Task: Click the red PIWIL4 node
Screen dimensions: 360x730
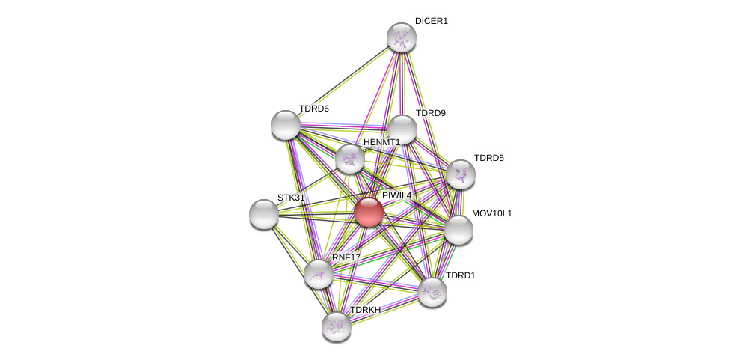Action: click(369, 212)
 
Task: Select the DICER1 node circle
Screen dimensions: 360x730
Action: click(402, 37)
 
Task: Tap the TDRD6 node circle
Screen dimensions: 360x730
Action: click(286, 125)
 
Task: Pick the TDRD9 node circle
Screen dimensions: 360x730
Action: click(402, 129)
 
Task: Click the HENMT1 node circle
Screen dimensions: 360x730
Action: click(350, 159)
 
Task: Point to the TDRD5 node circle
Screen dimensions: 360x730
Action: click(461, 174)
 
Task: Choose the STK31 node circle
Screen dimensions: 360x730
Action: click(264, 214)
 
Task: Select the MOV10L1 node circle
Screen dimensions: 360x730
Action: click(458, 230)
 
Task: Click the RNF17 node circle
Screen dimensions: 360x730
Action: click(319, 274)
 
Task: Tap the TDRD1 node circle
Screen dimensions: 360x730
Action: click(432, 292)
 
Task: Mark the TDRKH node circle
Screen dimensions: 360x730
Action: click(337, 326)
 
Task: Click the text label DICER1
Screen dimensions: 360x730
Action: click(431, 21)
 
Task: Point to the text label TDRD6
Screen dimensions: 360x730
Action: click(313, 109)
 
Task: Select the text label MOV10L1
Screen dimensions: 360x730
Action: click(491, 213)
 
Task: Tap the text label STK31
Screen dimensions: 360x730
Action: click(291, 198)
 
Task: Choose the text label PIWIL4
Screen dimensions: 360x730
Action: click(396, 195)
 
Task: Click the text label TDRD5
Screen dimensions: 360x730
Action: click(488, 158)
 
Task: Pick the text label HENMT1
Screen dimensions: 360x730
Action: click(381, 142)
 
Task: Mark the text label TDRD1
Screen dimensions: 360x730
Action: click(460, 275)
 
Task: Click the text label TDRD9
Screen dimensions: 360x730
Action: click(430, 113)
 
